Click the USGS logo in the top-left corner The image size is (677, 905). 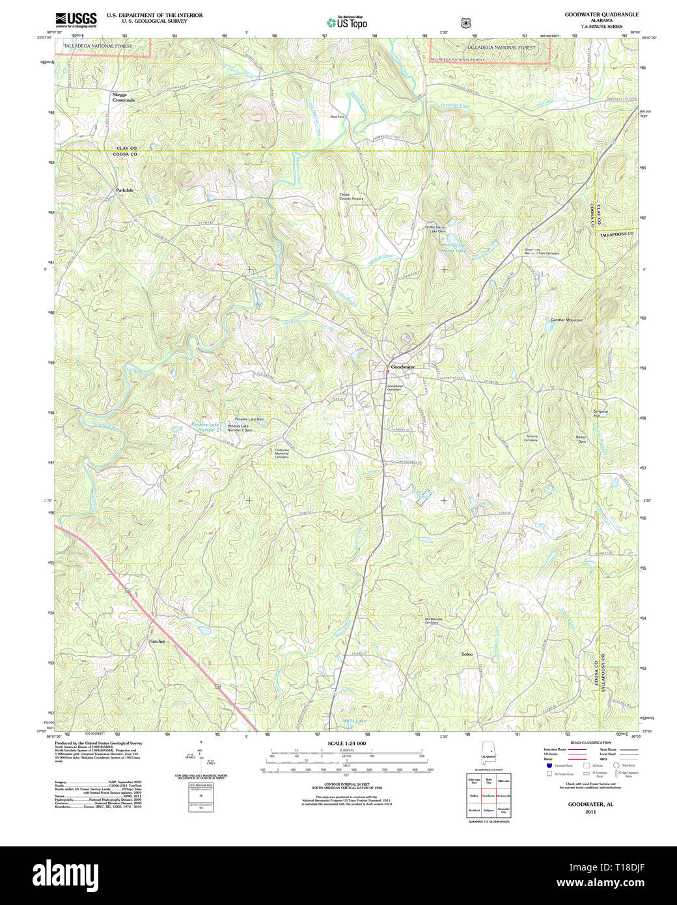(x=76, y=19)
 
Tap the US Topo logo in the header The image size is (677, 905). (x=347, y=23)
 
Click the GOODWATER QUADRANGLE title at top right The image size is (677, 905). (x=601, y=14)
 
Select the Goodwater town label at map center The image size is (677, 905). (x=403, y=367)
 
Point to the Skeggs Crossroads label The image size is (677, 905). (x=123, y=97)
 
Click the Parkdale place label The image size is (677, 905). (x=124, y=190)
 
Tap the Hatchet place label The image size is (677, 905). (x=156, y=641)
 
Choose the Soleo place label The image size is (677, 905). (x=467, y=654)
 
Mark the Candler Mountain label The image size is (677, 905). (x=567, y=320)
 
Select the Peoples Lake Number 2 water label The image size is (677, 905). (x=205, y=427)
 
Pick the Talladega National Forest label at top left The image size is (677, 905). (x=98, y=47)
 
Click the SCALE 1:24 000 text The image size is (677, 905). (x=346, y=744)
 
